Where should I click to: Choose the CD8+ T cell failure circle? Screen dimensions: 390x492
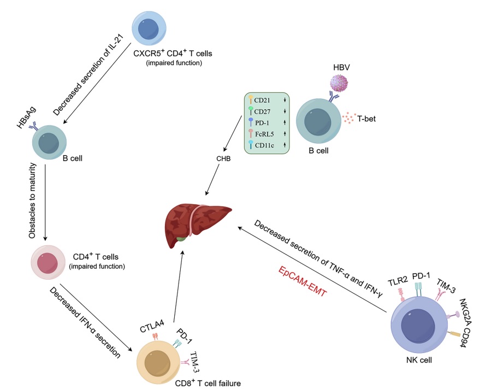(x=157, y=362)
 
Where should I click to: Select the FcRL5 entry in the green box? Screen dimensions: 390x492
(x=265, y=133)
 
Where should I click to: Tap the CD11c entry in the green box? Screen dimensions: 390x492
(x=265, y=145)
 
